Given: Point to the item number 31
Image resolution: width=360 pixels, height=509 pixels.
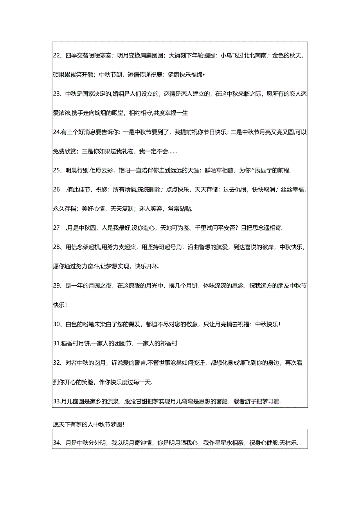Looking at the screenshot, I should coord(56,344).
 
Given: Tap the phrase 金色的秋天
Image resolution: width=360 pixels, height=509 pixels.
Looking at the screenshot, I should coord(287,56).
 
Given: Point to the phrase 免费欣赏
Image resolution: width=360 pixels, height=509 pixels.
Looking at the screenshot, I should coord(65,151).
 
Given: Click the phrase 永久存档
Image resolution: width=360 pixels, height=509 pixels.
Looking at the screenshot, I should coord(65,209).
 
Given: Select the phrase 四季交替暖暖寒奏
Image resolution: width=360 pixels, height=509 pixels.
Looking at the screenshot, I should coord(90,56).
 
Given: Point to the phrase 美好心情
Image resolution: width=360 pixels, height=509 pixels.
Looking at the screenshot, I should coord(93,209).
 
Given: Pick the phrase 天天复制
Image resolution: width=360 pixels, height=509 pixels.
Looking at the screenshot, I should coord(122,209).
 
